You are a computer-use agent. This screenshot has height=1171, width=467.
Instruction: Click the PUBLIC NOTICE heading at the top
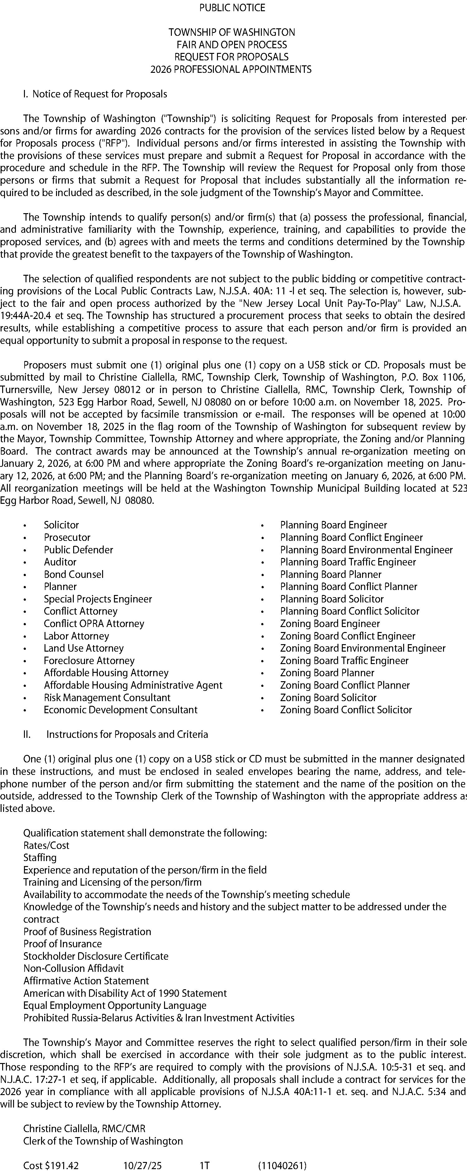coord(232,8)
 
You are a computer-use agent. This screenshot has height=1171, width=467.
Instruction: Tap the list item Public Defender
coord(78,550)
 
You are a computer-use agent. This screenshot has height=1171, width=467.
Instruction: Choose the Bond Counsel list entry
coord(74,574)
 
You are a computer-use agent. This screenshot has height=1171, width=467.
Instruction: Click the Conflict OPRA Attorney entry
coord(94,623)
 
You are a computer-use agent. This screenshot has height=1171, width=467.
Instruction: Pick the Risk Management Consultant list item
coord(107,697)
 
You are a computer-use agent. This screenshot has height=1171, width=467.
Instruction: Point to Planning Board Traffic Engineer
coord(348,562)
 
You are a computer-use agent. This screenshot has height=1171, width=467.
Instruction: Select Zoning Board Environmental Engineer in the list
coord(362,648)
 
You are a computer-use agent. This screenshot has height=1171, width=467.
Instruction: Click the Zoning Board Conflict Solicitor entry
coord(346,710)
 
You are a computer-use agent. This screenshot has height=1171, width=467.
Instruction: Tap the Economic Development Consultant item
coord(120,710)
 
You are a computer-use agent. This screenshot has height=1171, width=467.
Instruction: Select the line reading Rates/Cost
coord(46,845)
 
